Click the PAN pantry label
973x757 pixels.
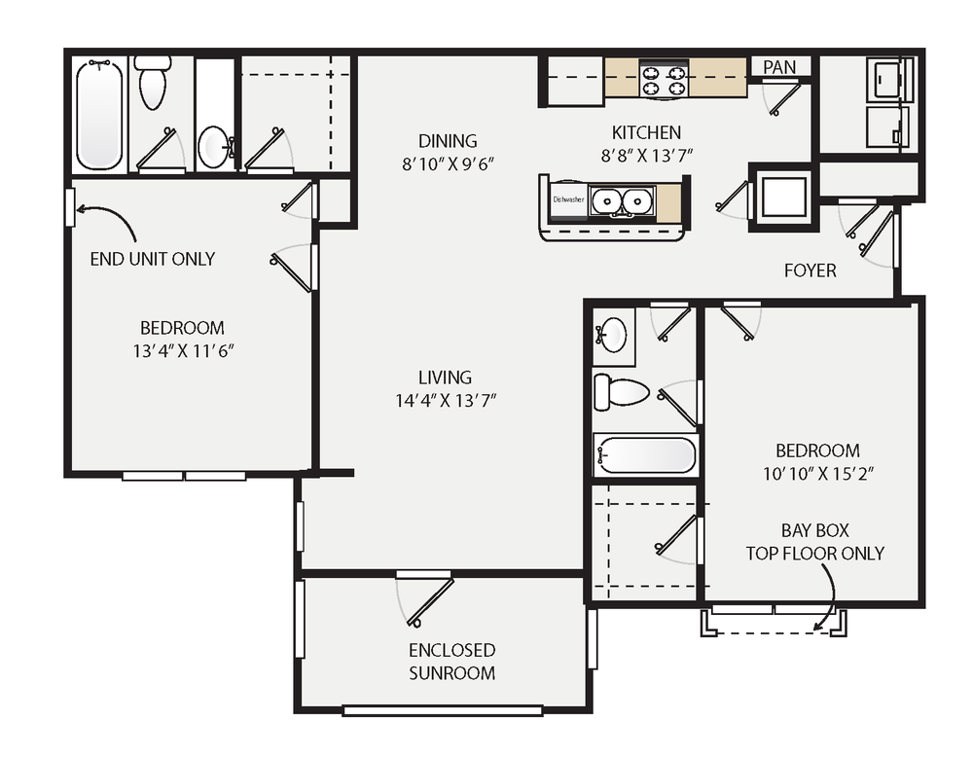(779, 67)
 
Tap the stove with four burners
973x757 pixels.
(665, 79)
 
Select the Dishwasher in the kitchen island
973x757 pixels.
(568, 199)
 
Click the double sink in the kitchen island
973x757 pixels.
(621, 201)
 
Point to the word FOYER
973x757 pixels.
(810, 270)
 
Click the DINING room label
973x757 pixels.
(448, 140)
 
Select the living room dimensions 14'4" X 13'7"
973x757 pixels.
(445, 399)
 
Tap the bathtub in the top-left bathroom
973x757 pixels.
(100, 114)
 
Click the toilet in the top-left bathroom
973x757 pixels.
(153, 85)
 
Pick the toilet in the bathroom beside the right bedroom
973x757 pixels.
(622, 391)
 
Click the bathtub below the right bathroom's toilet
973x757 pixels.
(646, 454)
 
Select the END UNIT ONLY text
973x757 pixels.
(152, 259)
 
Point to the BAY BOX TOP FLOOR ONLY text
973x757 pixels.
(814, 542)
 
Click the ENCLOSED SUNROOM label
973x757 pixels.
(451, 662)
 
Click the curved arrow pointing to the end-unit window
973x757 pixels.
(107, 218)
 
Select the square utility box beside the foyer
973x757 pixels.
(781, 197)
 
